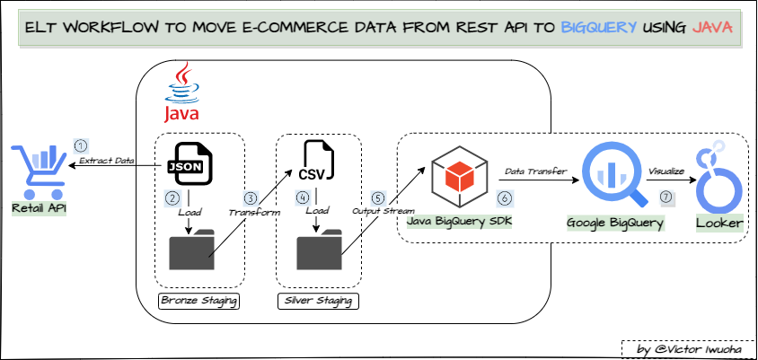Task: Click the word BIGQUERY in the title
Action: tap(599, 29)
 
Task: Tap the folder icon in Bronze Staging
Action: tap(192, 249)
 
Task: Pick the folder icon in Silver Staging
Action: tap(320, 249)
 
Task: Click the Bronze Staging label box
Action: tap(198, 300)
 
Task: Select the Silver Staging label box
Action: tap(318, 300)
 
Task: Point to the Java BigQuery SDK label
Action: tap(458, 221)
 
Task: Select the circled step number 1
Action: tap(81, 145)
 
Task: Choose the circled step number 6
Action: tap(505, 198)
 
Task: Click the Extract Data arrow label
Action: tap(107, 162)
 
